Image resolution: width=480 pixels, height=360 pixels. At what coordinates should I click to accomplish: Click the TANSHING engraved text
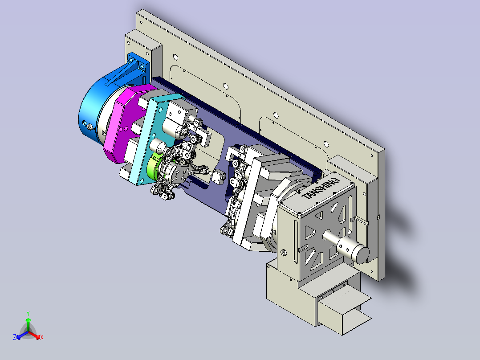click(321, 188)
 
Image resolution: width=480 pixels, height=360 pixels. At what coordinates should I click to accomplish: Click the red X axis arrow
click(34, 335)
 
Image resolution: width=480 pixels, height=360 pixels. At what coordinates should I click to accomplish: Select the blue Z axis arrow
click(22, 335)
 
